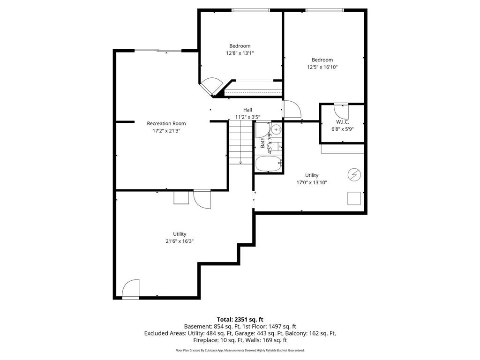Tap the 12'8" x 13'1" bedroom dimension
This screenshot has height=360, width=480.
point(240,53)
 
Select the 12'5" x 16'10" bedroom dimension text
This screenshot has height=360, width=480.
point(322,67)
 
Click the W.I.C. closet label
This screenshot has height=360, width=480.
point(342,121)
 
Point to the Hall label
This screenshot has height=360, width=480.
point(247,110)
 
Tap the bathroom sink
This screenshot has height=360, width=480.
point(277,129)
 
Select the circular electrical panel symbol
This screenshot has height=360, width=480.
point(354,175)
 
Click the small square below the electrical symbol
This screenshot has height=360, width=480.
point(354,198)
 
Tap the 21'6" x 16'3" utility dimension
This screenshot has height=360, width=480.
point(180,241)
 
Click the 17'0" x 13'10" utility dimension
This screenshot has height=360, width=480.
point(312,182)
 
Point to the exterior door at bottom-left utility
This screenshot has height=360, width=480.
point(131,289)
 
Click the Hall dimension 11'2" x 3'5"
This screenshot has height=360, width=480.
point(247,117)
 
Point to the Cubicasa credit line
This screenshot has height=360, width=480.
point(240,350)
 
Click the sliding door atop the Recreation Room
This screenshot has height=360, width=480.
point(158,51)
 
